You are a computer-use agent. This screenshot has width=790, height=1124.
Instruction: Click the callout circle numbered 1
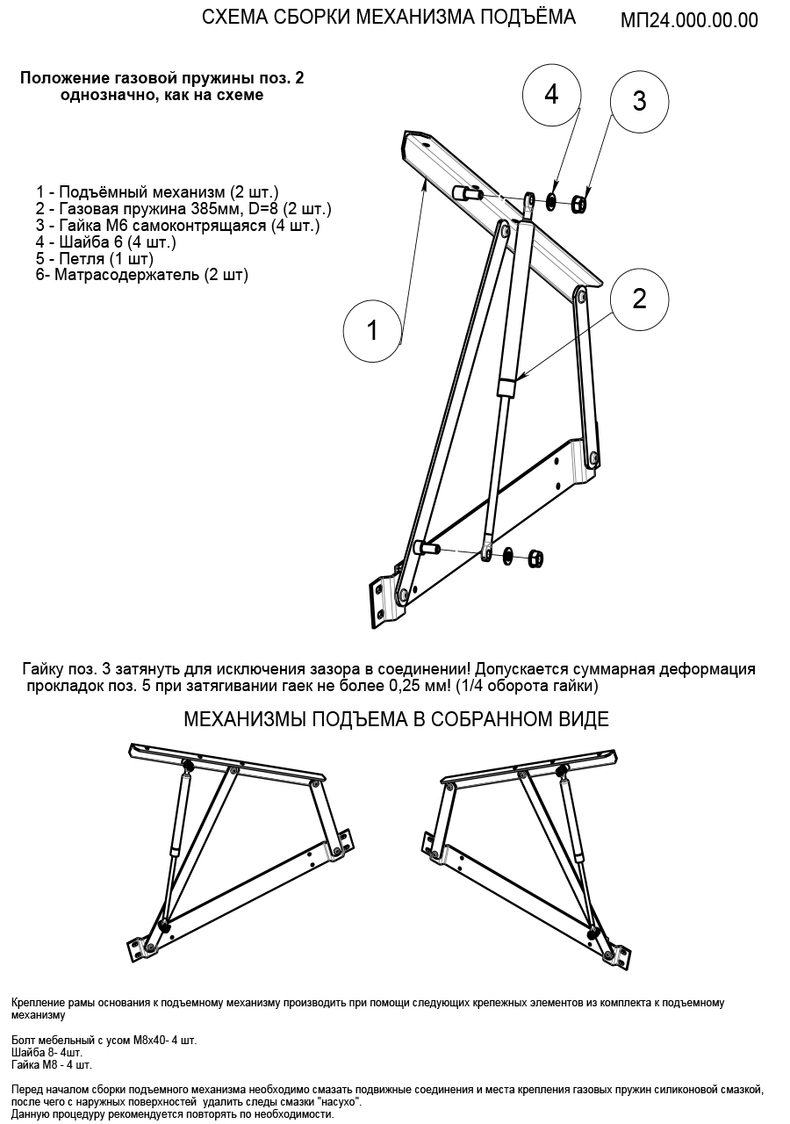(372, 330)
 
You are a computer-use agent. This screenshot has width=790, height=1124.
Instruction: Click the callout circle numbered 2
(639, 299)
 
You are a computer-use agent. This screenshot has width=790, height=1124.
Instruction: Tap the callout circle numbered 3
(639, 101)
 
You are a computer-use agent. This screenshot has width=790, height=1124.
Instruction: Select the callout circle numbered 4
(551, 95)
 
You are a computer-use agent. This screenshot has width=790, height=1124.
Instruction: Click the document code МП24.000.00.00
(689, 21)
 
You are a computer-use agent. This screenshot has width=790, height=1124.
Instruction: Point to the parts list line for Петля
(94, 259)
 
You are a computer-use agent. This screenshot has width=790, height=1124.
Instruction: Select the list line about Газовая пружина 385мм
(183, 209)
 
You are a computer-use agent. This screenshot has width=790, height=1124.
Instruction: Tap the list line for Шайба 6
(106, 242)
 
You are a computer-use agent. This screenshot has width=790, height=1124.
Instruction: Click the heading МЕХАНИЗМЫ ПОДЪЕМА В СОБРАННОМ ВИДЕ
(396, 720)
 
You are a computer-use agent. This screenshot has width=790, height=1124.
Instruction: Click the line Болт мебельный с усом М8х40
(104, 1041)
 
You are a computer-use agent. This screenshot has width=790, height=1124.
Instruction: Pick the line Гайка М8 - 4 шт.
(52, 1065)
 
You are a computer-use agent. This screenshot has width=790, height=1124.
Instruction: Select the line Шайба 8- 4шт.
(47, 1053)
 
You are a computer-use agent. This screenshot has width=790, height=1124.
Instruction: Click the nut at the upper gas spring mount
(579, 205)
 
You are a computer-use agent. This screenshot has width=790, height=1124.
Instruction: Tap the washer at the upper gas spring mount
(551, 202)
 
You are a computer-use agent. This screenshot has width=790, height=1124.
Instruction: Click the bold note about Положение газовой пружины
(162, 86)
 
